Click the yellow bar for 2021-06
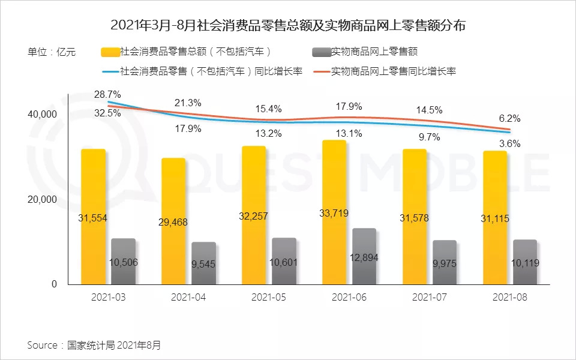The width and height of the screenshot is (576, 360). [x=334, y=180]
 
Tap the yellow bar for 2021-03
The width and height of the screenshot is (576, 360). [x=93, y=180]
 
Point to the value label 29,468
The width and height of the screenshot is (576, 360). [x=173, y=222]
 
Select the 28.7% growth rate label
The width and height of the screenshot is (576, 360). [x=108, y=95]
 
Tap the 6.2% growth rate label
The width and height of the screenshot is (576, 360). [x=509, y=118]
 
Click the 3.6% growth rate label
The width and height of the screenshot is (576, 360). [x=509, y=144]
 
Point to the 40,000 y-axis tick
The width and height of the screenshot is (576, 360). [x=43, y=114]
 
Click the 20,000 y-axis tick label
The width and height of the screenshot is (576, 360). [x=43, y=199]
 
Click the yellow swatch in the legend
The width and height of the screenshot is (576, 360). [x=110, y=52]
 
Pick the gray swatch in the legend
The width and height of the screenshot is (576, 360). [x=321, y=52]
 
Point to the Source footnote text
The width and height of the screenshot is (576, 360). [x=94, y=345]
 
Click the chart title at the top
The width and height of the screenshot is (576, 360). [x=288, y=26]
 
